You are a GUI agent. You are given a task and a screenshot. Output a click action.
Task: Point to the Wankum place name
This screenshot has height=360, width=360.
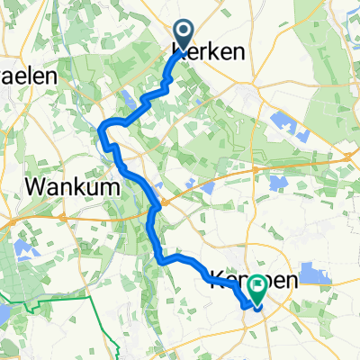point(67,185)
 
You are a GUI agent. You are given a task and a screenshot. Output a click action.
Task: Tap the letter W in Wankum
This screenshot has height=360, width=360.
point(40,185)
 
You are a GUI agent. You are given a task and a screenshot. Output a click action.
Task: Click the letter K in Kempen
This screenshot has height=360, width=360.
point(217,281)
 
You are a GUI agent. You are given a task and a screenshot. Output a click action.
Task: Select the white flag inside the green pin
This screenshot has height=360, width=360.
point(258,284)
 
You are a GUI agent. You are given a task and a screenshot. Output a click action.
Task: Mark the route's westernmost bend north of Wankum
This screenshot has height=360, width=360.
point(101,135)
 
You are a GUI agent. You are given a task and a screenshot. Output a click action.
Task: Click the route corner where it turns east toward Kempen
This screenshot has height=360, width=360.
point(164,260)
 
